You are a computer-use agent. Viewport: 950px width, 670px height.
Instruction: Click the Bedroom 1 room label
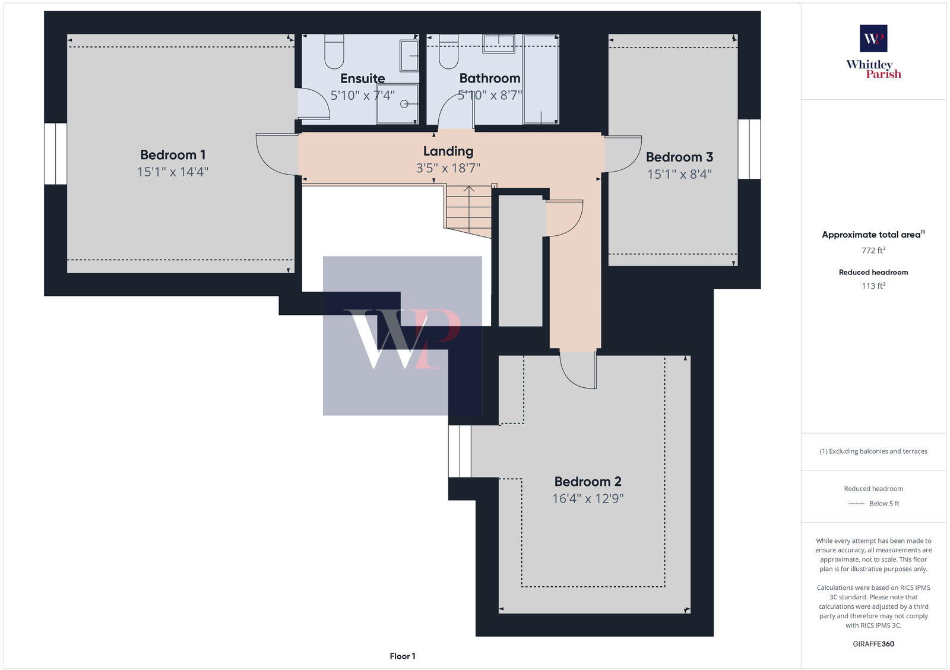pos(173,155)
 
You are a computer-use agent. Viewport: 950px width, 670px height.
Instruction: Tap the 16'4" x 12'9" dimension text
pos(587,498)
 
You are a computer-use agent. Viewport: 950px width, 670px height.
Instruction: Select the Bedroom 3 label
pos(679,157)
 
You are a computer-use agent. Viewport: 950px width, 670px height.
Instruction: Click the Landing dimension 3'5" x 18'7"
pos(448,168)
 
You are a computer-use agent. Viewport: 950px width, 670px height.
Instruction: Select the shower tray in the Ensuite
pos(397,103)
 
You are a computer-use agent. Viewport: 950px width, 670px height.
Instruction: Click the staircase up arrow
pos(469,191)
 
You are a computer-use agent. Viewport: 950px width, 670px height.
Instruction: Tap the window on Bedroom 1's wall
pos(55,153)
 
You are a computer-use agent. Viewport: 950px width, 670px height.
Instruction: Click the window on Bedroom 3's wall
pos(749,149)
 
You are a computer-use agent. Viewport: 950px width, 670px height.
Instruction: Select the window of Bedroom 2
pos(460,451)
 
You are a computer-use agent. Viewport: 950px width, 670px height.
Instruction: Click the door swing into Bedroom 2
pos(578,371)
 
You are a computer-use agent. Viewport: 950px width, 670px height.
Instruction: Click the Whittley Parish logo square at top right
pos(873,39)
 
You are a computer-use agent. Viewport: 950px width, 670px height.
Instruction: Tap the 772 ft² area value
pos(873,251)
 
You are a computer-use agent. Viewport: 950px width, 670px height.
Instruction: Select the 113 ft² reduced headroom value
pos(873,286)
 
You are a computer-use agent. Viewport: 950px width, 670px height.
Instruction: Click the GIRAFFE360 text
pos(873,644)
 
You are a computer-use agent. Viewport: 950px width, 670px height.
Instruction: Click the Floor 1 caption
pos(403,656)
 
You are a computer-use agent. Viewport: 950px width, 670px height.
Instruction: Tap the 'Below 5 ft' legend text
pos(883,504)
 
